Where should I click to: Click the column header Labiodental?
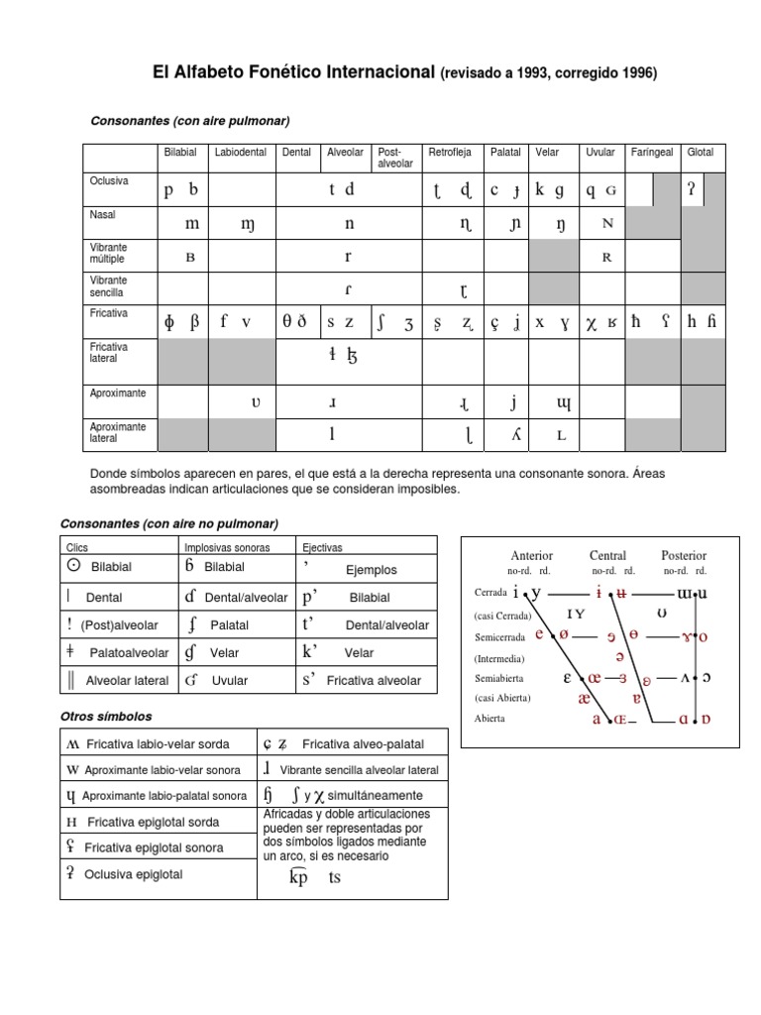coord(241,153)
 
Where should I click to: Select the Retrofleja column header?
coord(449,153)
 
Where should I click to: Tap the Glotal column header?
coord(700,153)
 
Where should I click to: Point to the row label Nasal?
coord(103,214)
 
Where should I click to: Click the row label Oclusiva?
coord(109,181)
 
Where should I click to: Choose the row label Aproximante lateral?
coord(118,431)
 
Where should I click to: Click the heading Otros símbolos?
coord(106,716)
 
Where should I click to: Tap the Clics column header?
coord(77,547)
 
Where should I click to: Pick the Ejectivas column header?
coord(321,547)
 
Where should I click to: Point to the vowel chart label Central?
coord(607,556)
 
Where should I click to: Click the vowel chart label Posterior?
coord(684,556)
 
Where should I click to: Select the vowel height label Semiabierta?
coord(499,679)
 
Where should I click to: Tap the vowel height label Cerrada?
coord(490,593)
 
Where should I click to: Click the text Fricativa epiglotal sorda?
coord(154,822)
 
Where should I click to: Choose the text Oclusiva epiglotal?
coord(134,874)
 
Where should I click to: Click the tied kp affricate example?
coord(298,877)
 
